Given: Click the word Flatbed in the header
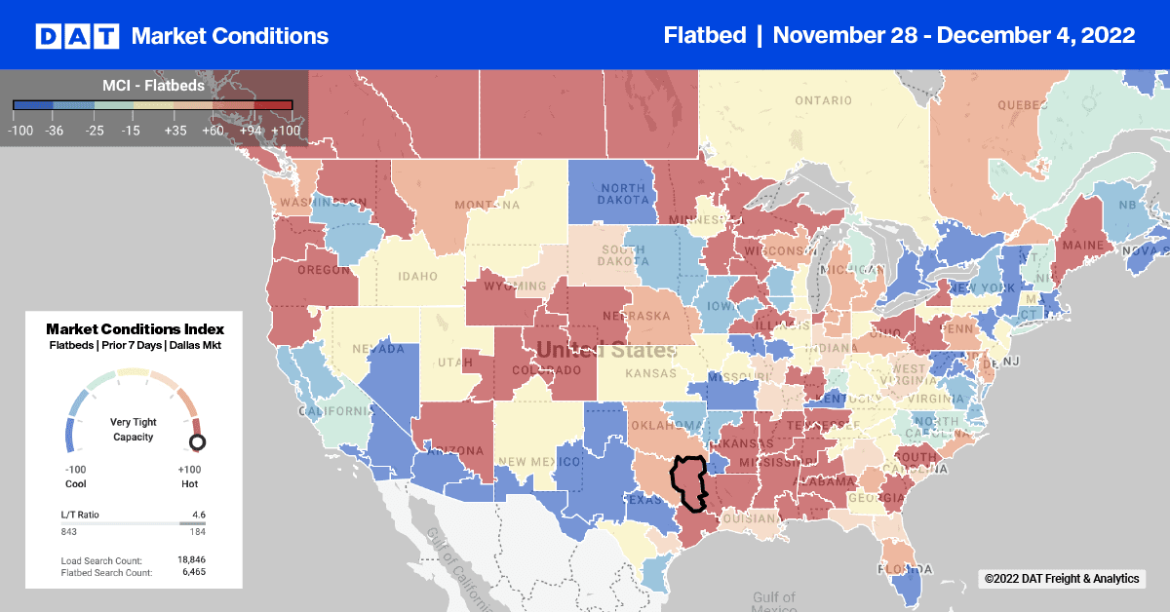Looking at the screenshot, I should (x=703, y=36).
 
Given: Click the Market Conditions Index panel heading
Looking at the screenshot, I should (x=135, y=329).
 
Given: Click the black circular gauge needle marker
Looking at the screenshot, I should (x=197, y=442).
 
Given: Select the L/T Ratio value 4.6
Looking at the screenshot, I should (x=198, y=514).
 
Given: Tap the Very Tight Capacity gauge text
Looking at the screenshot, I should (x=135, y=430).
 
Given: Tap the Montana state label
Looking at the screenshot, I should (x=486, y=204).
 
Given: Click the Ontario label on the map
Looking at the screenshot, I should (x=823, y=100).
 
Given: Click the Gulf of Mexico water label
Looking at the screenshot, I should (x=773, y=602).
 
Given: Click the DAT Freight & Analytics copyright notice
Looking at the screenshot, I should (x=1061, y=579).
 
